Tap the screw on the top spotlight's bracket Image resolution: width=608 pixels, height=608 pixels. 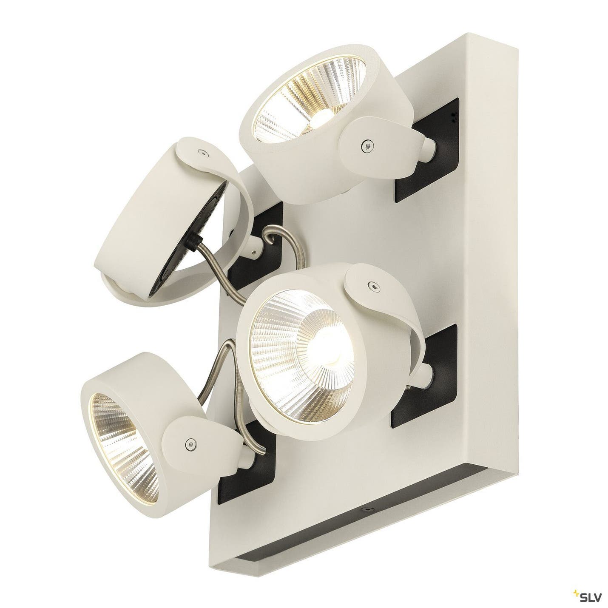(x=366, y=145)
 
